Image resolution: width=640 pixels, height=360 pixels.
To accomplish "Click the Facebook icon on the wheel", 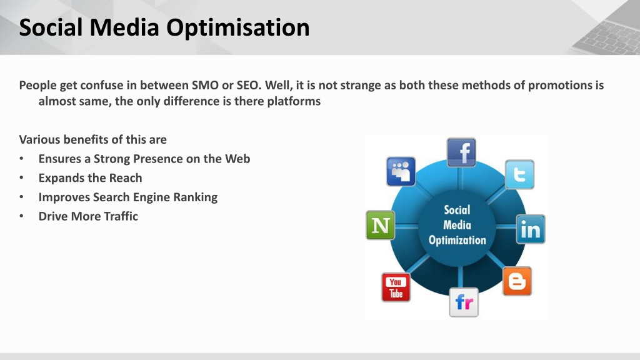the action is [x=461, y=152].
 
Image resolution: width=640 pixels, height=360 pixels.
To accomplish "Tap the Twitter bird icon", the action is [x=519, y=175].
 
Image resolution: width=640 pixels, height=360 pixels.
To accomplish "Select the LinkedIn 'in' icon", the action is [x=531, y=229].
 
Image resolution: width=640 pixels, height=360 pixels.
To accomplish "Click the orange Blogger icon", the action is [x=517, y=281].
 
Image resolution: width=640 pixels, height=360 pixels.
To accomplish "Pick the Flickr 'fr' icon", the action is [x=464, y=302].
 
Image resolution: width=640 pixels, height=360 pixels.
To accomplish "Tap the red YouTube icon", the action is [x=396, y=287].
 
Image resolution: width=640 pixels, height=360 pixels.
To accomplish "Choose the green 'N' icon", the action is [x=381, y=225].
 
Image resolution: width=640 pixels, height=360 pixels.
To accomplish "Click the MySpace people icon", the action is [x=401, y=171].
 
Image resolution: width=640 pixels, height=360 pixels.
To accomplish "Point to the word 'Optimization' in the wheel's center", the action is [x=457, y=241].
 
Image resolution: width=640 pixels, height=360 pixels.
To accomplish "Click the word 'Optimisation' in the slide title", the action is [x=237, y=27].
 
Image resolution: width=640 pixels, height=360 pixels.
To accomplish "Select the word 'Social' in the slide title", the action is [x=51, y=27].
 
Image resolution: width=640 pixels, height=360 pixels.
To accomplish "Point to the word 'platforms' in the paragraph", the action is [x=294, y=102].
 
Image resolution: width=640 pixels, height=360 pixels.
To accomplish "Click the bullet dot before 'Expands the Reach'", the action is [x=21, y=178].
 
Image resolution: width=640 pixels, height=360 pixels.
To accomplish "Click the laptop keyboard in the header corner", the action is [x=608, y=35].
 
